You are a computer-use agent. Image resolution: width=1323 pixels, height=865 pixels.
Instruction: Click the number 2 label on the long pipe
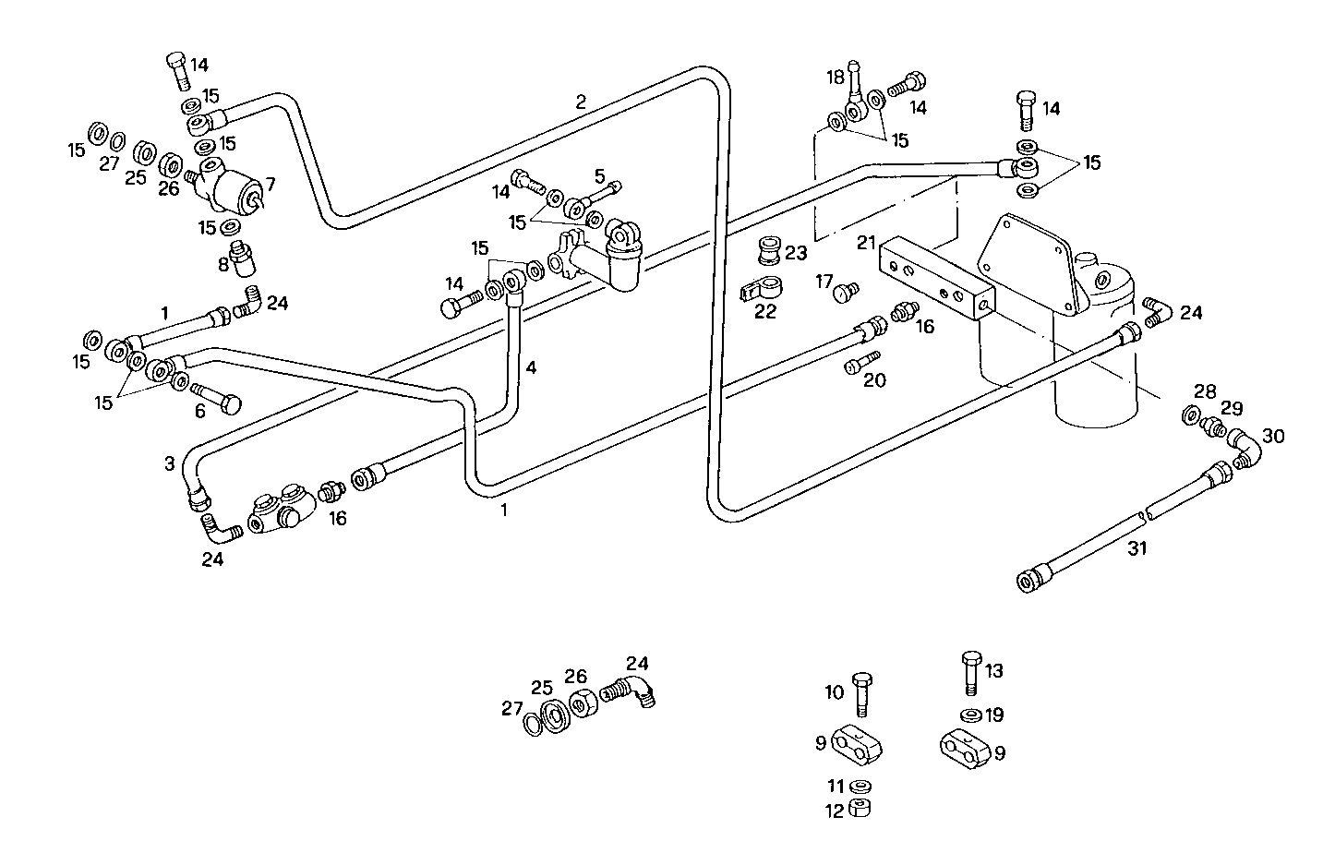coord(580,102)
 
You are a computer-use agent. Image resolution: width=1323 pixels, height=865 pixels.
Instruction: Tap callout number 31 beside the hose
coord(1137,548)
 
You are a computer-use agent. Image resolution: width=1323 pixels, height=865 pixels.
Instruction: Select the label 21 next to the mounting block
coord(865,244)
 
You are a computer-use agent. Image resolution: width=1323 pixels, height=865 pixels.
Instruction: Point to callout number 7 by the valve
coord(270,185)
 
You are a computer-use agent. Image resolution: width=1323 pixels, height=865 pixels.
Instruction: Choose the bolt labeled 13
coord(969,672)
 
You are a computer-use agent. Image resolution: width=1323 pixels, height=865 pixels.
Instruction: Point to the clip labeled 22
coord(760,288)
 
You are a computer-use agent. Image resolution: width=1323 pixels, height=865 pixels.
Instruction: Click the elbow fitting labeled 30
coord(1243,449)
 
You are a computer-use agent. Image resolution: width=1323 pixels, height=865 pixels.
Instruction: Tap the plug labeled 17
coord(844,294)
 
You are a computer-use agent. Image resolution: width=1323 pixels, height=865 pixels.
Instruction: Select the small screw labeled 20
coord(861,363)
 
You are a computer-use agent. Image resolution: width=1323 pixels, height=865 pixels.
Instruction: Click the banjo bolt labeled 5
coord(600,194)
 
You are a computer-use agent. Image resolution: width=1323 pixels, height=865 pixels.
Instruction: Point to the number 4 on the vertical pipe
coord(531,367)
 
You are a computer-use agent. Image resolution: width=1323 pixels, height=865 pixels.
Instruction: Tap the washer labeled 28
coord(1191,416)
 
